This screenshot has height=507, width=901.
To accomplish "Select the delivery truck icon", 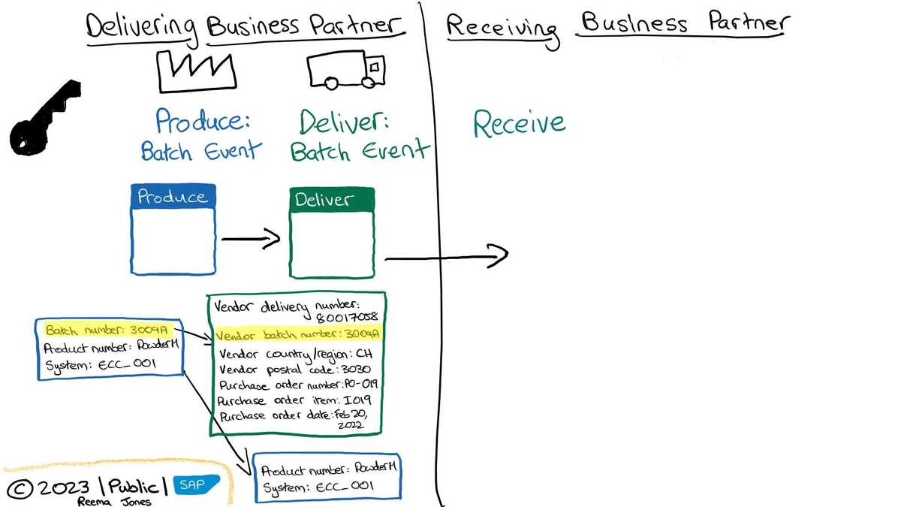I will pos(345,71).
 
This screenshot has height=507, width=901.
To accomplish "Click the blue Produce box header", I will pos(173,197).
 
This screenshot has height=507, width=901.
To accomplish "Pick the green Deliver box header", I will pos(331,201).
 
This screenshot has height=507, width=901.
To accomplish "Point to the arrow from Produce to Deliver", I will pos(250,240).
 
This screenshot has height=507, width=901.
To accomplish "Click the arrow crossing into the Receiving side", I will pos(446,256).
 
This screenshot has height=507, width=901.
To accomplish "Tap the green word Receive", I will pos(519,123).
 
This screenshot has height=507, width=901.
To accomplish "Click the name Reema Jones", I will pos(114,502).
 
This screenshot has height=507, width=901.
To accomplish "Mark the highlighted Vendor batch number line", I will pos(298,334).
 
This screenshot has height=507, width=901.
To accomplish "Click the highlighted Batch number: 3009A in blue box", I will pos(109,330).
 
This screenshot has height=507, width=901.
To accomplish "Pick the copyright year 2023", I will pos(63,488).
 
